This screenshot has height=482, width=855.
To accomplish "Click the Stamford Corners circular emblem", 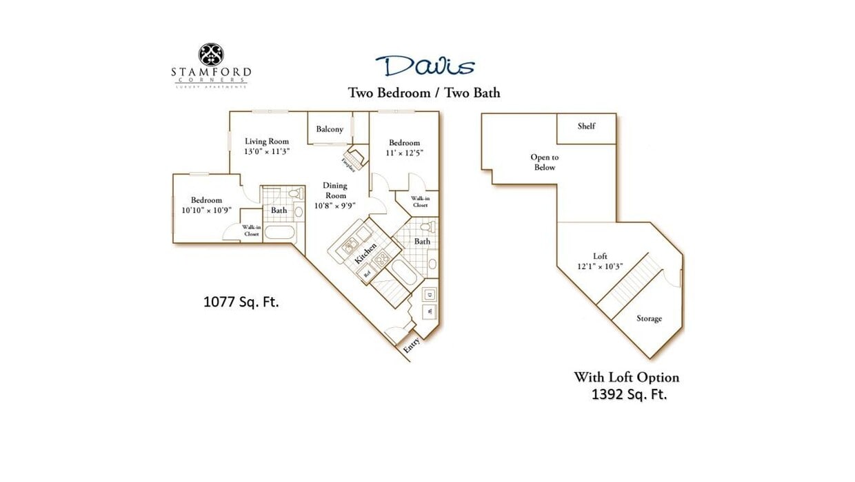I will coord(211,55).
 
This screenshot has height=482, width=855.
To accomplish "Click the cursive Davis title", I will coord(425,66).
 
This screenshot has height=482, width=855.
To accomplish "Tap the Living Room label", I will coord(267,142).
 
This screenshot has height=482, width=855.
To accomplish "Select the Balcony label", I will coord(330,129).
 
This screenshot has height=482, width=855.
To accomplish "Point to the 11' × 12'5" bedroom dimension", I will coord(404,153).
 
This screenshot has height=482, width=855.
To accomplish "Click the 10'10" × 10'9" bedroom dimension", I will coord(206,210).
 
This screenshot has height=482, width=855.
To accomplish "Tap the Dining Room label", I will coord(335,191).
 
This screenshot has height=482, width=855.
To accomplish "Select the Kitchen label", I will coord(366,254).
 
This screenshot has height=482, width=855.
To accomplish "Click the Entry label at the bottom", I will coord(412,345).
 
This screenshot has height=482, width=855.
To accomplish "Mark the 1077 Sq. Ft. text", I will coord(241,302).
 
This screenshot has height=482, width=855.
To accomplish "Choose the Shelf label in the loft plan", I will coord(586,126).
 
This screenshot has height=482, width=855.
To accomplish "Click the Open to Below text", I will coord(544,162).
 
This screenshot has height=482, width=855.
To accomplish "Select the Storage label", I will coord(649,318).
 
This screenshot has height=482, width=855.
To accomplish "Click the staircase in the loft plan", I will coord(628,283).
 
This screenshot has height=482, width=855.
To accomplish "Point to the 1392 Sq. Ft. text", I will coord(629,395).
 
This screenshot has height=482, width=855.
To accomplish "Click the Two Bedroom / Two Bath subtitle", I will coord(424,93).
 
